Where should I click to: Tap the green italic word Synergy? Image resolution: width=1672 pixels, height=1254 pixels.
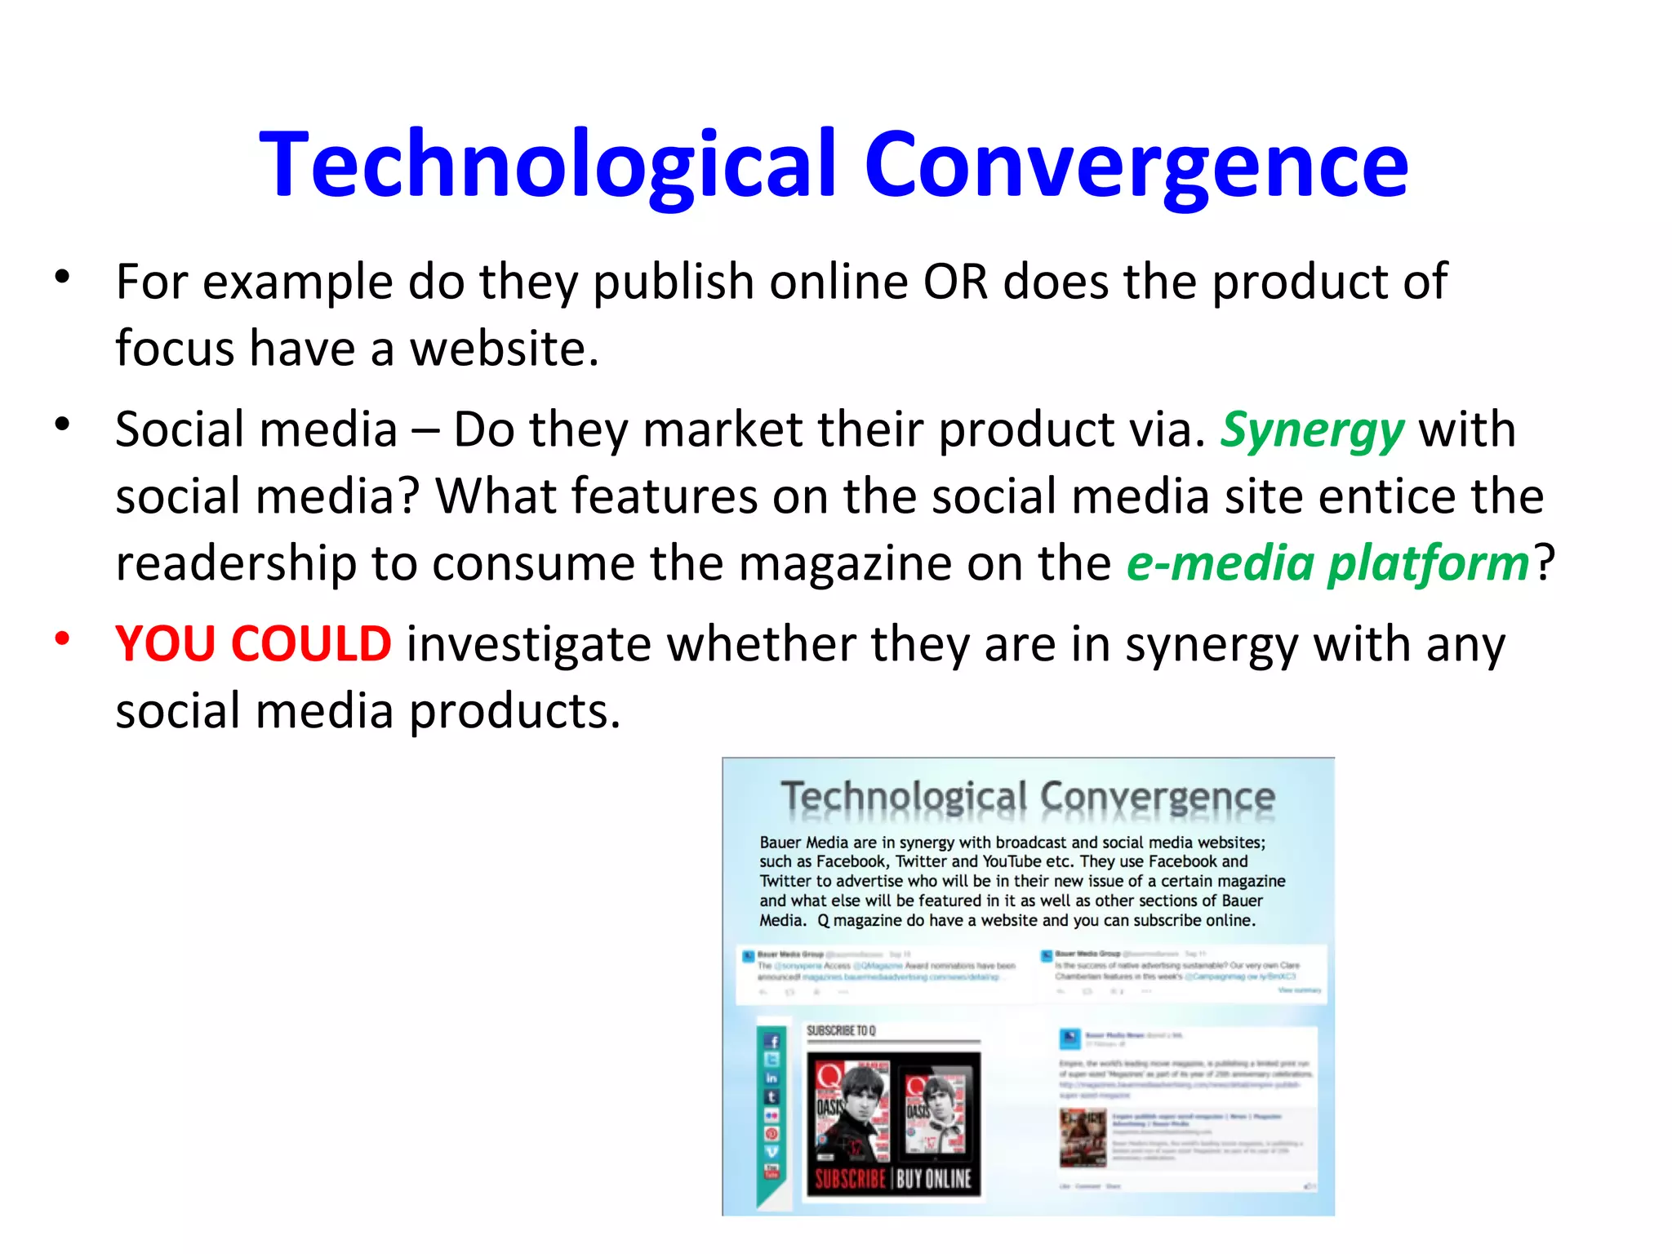coord(1312,430)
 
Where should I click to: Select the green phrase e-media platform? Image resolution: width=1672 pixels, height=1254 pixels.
coord(1327,564)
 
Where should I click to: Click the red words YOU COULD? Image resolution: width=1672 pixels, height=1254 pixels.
coord(253,643)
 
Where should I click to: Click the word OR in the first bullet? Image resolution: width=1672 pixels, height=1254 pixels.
coord(955,282)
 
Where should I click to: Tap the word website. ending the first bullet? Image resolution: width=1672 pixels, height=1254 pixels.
coord(504,349)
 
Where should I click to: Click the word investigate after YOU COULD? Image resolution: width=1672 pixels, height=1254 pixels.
coord(528,644)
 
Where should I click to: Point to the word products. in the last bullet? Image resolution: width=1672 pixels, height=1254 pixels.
coord(514,711)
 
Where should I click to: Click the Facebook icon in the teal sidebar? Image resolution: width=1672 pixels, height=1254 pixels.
coord(772,1041)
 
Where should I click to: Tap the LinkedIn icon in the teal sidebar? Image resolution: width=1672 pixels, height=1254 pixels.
coord(772,1078)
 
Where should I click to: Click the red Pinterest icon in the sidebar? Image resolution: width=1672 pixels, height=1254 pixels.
coord(772,1134)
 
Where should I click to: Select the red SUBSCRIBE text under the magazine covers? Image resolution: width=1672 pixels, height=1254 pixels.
coord(850,1179)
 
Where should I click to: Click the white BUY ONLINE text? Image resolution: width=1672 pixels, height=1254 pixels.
coord(934,1179)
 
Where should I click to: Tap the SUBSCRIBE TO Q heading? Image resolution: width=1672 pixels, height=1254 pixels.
coord(841,1031)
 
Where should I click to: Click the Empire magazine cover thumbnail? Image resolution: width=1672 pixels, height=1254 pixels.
coord(1083,1137)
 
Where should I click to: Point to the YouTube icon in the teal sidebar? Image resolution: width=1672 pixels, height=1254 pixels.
coord(772,1172)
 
